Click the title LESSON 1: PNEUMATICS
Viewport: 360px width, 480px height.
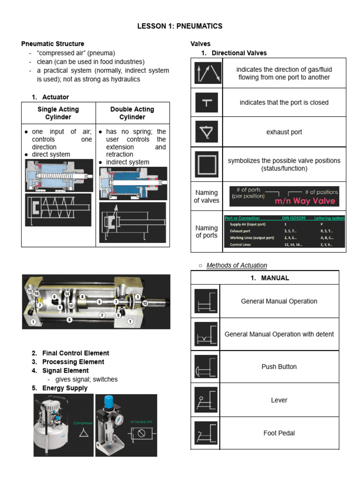coord(180,26)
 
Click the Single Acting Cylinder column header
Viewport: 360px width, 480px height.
coord(58,113)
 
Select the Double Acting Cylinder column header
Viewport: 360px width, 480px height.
coord(132,113)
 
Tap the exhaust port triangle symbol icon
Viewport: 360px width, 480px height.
coord(206,132)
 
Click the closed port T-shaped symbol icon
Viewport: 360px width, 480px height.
coord(206,103)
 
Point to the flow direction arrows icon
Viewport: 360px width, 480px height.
coord(206,73)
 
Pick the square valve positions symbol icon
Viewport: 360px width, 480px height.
coord(206,165)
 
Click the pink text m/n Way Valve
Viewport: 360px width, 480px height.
coord(305,201)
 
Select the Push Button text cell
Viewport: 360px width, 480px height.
coord(279,367)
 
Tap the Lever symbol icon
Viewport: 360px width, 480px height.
coord(206,400)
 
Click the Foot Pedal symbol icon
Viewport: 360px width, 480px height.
coord(206,433)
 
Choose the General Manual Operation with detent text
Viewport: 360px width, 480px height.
coord(279,334)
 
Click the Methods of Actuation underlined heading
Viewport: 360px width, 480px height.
coord(237,265)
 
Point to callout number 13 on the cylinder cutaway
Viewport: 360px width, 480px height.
coord(145,304)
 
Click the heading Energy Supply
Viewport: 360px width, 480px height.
coord(65,388)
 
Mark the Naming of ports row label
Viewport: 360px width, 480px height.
coord(206,232)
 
